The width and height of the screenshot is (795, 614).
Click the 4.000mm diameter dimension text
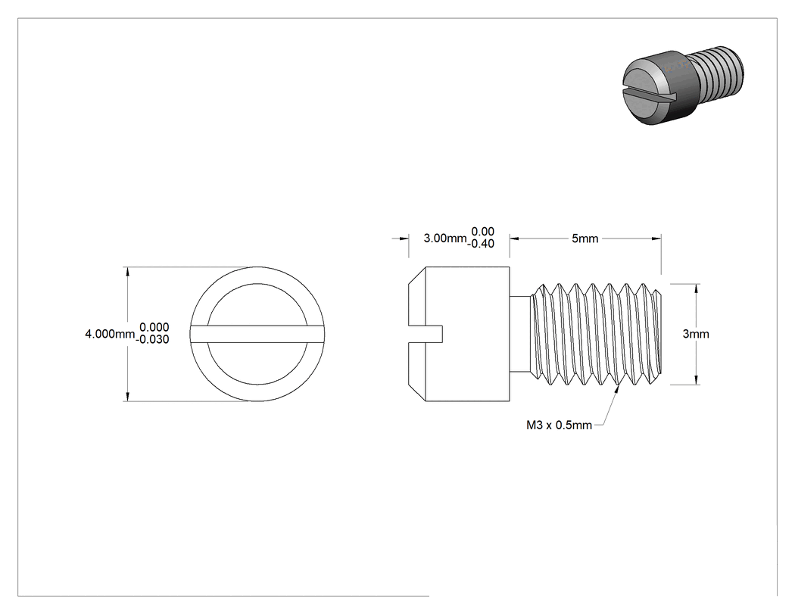click(110, 334)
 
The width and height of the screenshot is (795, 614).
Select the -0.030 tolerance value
click(153, 340)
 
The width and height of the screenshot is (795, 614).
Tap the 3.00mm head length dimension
click(444, 238)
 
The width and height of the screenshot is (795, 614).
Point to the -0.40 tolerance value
click(480, 244)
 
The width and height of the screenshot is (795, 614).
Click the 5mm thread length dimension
click(585, 238)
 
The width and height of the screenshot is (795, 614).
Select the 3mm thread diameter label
click(696, 334)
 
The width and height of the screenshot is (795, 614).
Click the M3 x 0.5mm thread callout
click(559, 425)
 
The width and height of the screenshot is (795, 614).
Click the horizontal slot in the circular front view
click(257, 334)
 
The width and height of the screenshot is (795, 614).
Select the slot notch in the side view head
click(426, 334)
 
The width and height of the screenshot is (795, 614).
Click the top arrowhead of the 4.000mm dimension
click(127, 272)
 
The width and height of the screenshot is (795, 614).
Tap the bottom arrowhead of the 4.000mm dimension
click(127, 397)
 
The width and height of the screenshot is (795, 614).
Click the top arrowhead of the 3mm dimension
click(696, 289)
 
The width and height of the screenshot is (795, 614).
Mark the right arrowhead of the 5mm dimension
click(656, 238)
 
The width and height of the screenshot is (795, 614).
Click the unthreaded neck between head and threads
click(520, 334)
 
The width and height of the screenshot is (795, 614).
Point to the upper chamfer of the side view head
click(416, 276)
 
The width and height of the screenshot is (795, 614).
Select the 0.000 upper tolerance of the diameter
click(154, 328)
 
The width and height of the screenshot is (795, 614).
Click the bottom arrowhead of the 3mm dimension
click(696, 380)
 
